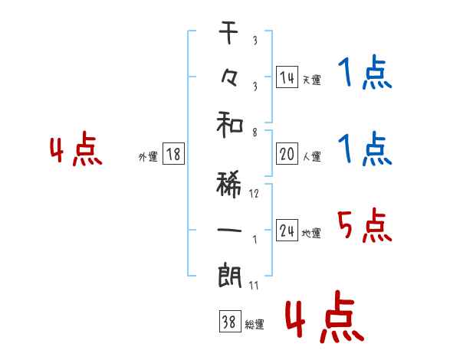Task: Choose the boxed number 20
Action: pyautogui.click(x=287, y=154)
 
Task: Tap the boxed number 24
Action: pyautogui.click(x=287, y=231)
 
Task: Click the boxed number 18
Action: pyautogui.click(x=173, y=155)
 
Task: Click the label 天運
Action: pyautogui.click(x=311, y=80)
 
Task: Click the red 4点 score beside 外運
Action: pyautogui.click(x=76, y=150)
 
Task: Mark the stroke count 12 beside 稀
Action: pyautogui.click(x=254, y=193)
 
